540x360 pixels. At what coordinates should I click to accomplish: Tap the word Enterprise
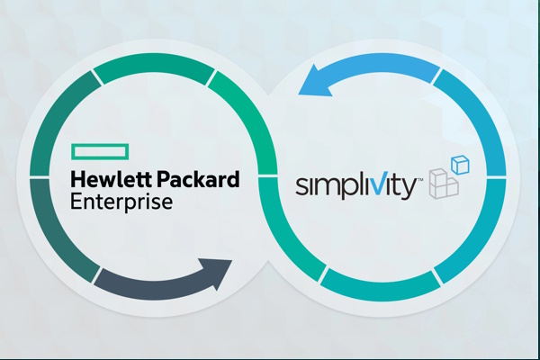tap(121, 202)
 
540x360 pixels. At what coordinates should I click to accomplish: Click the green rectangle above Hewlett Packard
tap(100, 152)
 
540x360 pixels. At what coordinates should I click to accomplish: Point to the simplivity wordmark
tap(356, 185)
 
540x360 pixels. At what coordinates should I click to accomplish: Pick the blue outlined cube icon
tap(460, 165)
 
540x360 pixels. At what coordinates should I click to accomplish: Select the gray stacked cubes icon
tap(444, 184)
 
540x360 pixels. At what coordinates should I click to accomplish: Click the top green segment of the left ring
tap(154, 67)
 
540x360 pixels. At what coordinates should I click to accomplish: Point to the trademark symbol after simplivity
tap(420, 180)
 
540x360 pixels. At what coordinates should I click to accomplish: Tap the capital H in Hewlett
tap(77, 179)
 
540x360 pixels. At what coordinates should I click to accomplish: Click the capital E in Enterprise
tap(76, 202)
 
